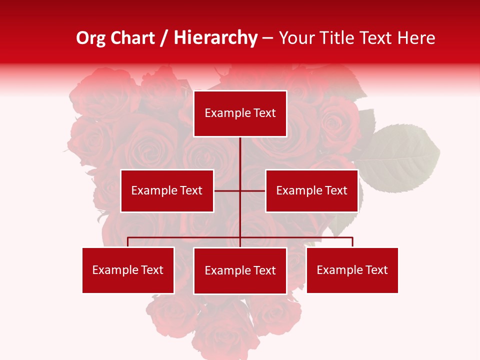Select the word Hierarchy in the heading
(215, 38)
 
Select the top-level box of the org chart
(240, 113)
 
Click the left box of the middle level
(167, 190)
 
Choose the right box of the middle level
(311, 190)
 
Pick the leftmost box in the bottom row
(128, 270)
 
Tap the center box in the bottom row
(240, 270)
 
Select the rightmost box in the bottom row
(352, 270)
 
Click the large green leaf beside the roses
(400, 157)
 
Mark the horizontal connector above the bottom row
(185, 237)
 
